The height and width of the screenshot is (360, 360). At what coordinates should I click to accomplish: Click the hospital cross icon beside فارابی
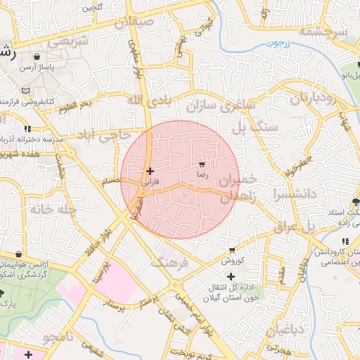[149, 171]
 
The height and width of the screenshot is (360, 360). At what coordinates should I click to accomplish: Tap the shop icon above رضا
[202, 163]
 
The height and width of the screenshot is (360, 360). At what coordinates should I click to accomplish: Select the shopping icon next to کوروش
[232, 250]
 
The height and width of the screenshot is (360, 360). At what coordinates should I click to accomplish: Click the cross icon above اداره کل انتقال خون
[231, 276]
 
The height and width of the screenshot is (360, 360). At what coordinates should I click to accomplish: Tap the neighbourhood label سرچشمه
[323, 32]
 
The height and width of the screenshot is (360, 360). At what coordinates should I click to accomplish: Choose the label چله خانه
[51, 209]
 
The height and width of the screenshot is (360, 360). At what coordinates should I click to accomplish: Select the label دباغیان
[285, 329]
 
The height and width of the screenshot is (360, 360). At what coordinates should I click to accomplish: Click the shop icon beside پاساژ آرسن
[35, 56]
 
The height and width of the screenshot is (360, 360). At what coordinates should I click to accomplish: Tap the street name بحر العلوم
[75, 105]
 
